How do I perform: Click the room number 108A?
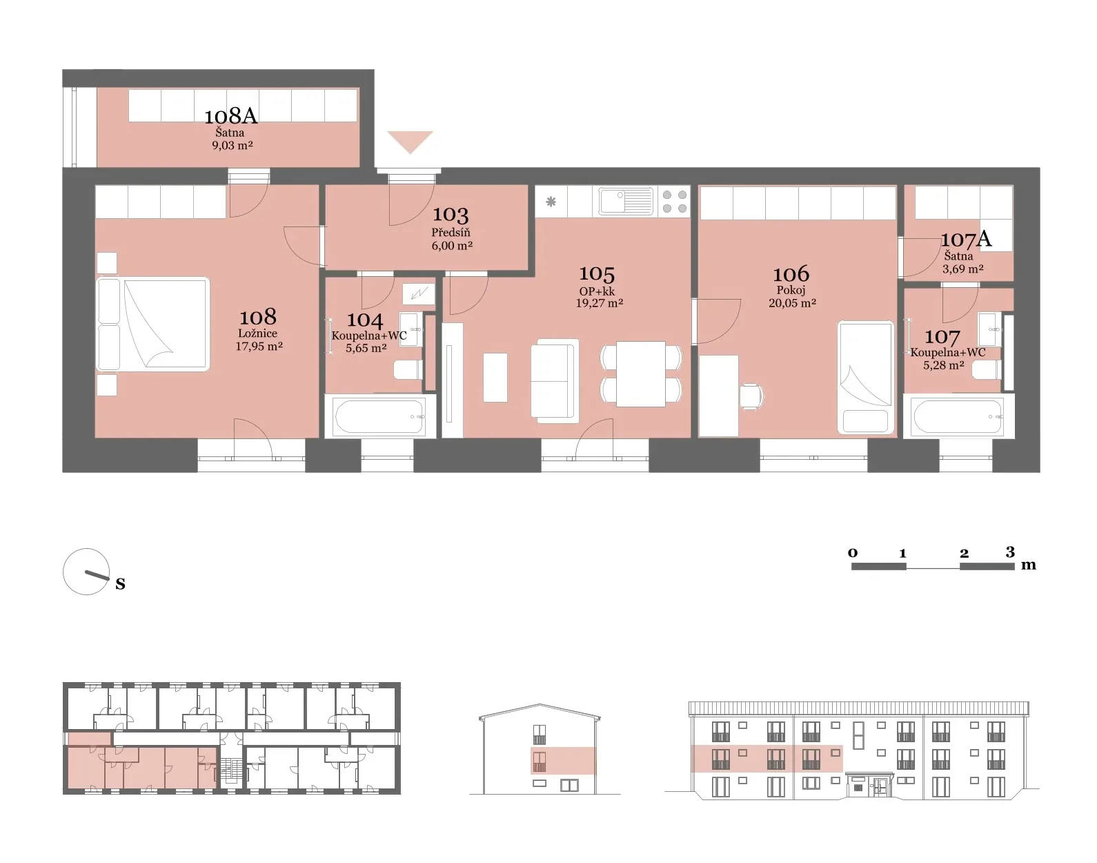pos(231,116)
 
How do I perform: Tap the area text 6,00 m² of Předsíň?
pos(452,245)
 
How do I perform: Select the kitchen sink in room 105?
pos(626,201)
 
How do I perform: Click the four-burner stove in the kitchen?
pos(674,202)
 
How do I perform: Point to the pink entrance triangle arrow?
pos(410,140)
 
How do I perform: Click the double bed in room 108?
pos(153,324)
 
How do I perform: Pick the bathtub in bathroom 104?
pos(379,416)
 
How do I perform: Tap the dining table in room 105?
pos(641,374)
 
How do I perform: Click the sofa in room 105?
pos(555,380)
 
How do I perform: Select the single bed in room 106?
pos(866,378)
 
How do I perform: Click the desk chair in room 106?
pos(751,397)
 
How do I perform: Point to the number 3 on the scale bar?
pos(1010,552)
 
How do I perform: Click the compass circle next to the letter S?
pos(86,571)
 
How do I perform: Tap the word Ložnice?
pos(257,333)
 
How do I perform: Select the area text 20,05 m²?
pos(792,303)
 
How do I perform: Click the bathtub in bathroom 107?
pos(958,416)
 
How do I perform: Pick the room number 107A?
pos(966,239)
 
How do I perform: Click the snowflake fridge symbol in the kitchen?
pos(551,202)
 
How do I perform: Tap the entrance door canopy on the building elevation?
pos(869,774)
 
